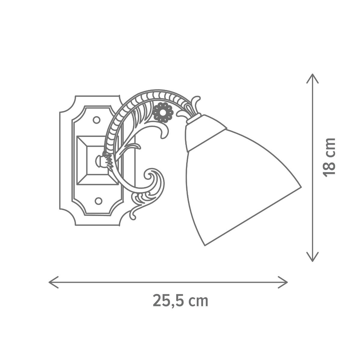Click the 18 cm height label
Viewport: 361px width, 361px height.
click(329, 157)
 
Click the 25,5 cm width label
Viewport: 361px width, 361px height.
click(180, 301)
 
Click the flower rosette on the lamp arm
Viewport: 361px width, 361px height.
click(163, 113)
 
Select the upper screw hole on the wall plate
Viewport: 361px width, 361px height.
click(97, 120)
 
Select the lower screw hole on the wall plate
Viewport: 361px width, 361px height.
click(99, 201)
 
